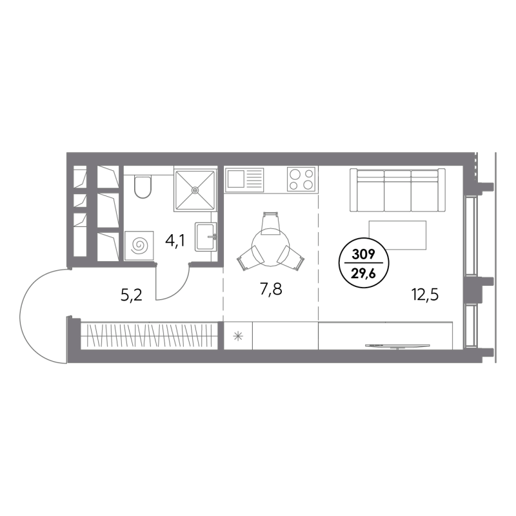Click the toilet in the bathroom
(143, 187)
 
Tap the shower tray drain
(195, 190)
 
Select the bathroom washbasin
(206, 237)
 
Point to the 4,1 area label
(175, 241)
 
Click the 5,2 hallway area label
(132, 295)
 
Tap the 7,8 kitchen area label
(271, 290)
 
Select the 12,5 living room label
(425, 295)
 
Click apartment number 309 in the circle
(364, 254)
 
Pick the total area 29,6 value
(364, 273)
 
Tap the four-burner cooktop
(301, 179)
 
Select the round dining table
(270, 246)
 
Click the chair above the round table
(270, 223)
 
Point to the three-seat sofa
(397, 190)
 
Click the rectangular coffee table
(397, 235)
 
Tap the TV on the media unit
(397, 346)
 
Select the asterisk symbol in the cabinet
(237, 336)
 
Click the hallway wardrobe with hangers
(149, 335)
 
